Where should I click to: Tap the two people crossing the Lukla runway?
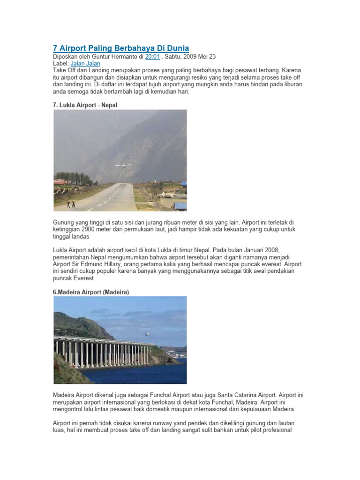coord(70,204)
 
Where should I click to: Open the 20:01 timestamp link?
coord(152,56)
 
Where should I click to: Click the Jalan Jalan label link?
coord(85,63)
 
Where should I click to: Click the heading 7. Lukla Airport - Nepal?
coord(85,105)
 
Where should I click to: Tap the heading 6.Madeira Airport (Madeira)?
coord(91,292)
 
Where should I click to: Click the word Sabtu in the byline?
coord(174,56)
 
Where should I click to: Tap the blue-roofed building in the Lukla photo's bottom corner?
coord(180,206)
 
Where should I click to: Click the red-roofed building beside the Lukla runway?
coord(61,182)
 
